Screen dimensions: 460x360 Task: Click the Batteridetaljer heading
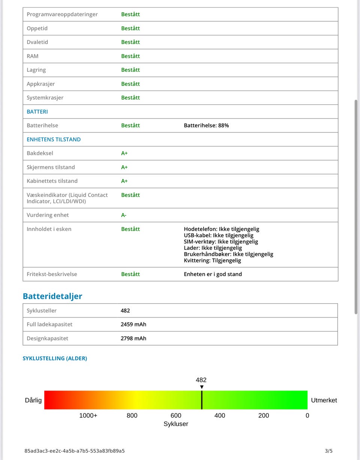point(52,296)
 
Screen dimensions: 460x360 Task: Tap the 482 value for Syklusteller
point(125,311)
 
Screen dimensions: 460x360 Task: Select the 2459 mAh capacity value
point(133,324)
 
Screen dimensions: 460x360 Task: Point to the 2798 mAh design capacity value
point(133,338)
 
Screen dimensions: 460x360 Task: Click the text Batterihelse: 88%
point(206,125)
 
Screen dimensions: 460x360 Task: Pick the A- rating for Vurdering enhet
point(124,215)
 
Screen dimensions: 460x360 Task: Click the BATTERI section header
point(37,111)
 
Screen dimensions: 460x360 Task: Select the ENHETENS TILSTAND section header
point(54,139)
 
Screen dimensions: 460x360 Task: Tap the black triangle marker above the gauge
point(202,387)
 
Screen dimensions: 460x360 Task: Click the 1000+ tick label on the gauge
point(88,415)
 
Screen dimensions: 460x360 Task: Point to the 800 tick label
point(132,415)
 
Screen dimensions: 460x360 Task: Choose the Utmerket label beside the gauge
point(324,400)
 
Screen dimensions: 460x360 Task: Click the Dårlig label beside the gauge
point(33,400)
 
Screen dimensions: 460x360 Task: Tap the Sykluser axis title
point(176,424)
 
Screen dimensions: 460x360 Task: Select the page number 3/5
point(328,451)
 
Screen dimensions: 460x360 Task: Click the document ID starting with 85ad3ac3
point(75,451)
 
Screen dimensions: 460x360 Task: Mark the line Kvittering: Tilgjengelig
point(212,260)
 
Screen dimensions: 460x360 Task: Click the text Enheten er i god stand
point(213,274)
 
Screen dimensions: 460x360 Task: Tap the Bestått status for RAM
point(130,56)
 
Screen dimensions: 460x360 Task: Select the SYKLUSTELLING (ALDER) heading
point(55,358)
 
